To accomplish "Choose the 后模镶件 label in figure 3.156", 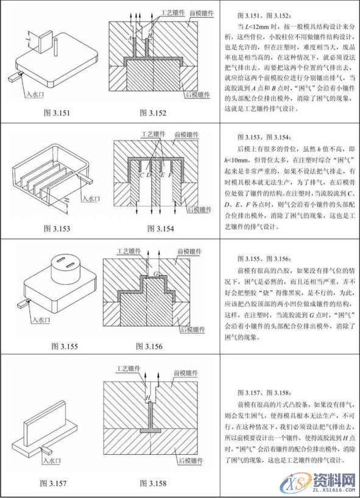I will coord(193,329).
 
